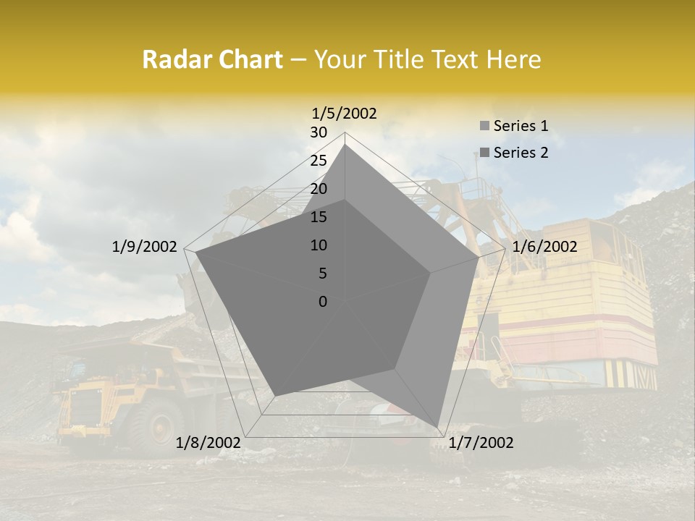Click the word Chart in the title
245,59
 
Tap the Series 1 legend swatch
484,126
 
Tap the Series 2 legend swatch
484,153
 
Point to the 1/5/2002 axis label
344,113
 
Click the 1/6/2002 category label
544,247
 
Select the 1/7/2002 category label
481,442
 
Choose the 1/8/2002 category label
208,442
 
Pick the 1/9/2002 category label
144,247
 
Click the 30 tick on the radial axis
319,132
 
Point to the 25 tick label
319,161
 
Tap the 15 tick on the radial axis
319,217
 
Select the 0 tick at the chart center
323,302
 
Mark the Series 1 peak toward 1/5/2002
345,144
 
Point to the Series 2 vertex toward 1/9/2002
196,253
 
